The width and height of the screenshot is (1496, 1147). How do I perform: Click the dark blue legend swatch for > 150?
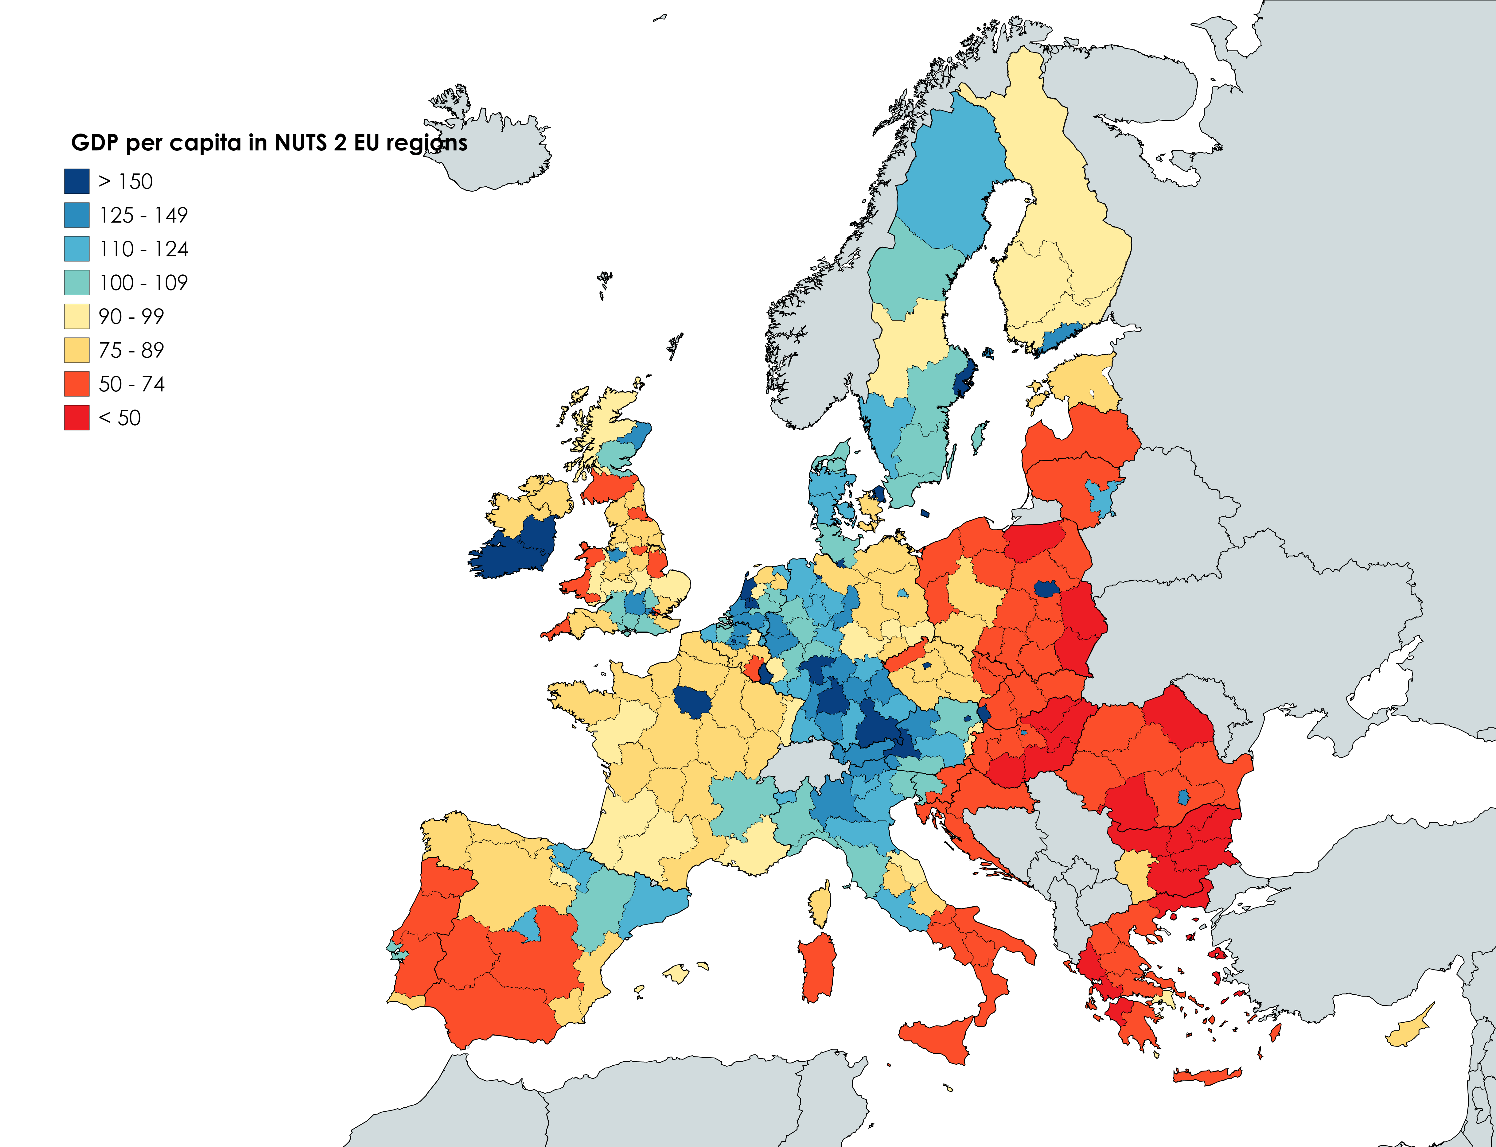pyautogui.click(x=76, y=182)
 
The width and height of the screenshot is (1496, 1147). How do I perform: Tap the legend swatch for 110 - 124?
pyautogui.click(x=76, y=249)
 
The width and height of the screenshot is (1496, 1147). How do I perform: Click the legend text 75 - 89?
pyautogui.click(x=131, y=350)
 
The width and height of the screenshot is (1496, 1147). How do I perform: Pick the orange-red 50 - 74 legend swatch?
pyautogui.click(x=76, y=384)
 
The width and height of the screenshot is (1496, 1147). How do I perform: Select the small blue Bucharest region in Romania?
pyautogui.click(x=1184, y=797)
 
